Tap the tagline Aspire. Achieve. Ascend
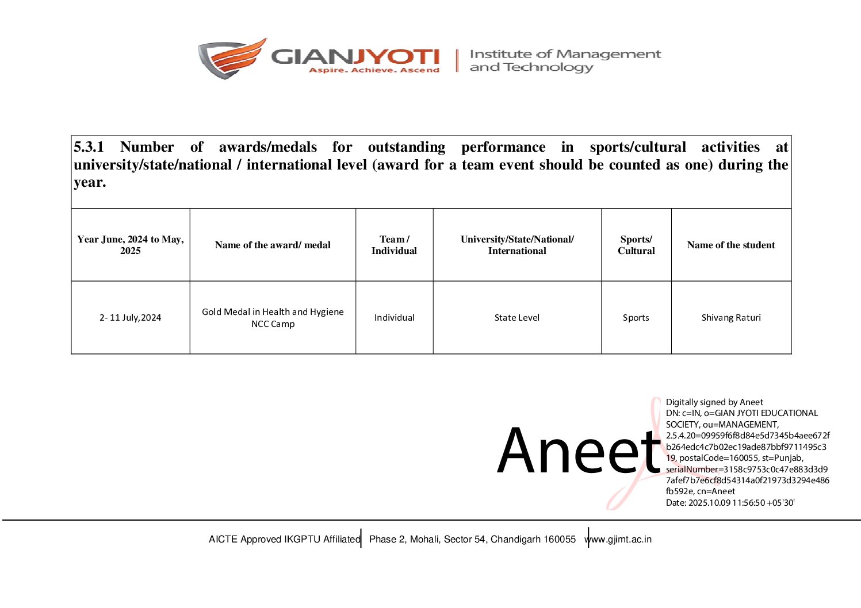374,70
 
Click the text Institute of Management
565,54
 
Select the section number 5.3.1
89,147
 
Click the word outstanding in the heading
407,147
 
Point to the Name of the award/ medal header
273,245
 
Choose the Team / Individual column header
394,245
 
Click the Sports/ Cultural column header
636,245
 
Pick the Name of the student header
731,245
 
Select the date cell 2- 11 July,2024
131,318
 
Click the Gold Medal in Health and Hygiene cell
273,318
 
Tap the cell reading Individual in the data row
394,318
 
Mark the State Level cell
517,318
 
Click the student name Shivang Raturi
731,318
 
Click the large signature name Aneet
579,452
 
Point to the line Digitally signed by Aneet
714,402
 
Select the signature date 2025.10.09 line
730,503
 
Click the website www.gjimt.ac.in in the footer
620,540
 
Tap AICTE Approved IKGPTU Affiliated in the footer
284,540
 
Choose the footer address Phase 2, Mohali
472,540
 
